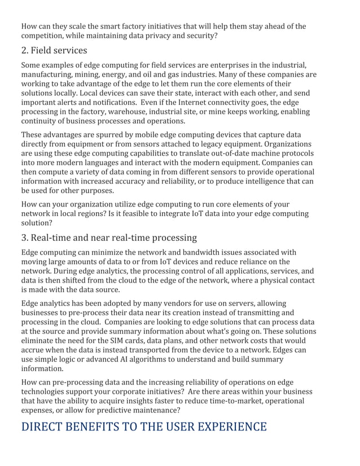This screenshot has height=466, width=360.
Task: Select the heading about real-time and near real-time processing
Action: [109, 237]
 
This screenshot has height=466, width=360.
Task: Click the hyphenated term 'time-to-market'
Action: [241, 401]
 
